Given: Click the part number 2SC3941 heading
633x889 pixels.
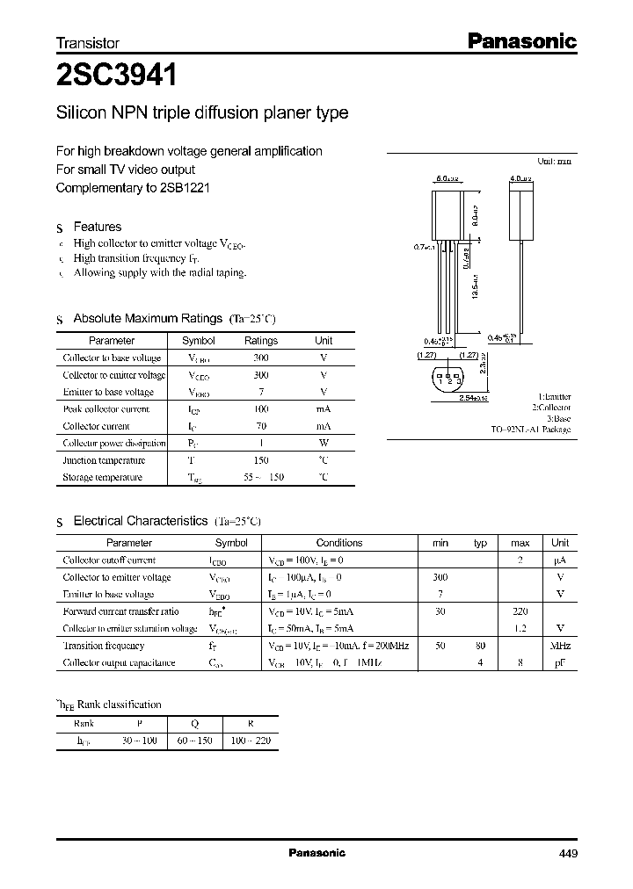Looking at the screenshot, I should (116, 76).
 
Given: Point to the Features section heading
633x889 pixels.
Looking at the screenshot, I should (97, 227).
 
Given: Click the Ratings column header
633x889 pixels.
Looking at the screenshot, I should (261, 341).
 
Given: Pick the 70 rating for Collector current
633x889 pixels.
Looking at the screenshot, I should (261, 426).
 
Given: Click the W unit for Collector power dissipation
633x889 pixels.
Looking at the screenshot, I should (324, 443).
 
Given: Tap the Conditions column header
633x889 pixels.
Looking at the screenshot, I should (338, 543).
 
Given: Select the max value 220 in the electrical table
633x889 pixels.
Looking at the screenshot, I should (520, 611).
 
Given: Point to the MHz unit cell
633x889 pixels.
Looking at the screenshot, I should (560, 646).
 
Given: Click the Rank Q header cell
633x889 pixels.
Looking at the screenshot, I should (193, 724).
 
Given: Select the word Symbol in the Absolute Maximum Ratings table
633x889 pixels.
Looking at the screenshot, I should (198, 341).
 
